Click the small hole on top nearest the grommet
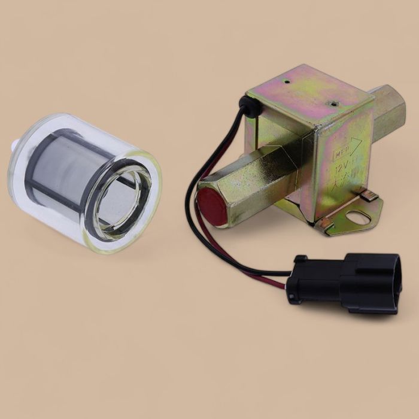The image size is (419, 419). pyautogui.click(x=287, y=80)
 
